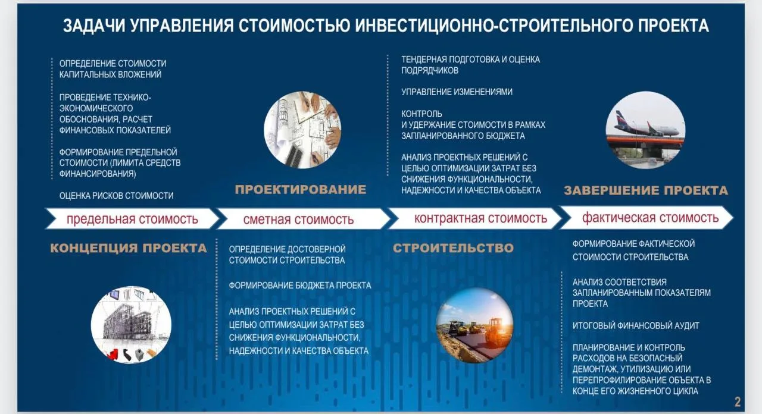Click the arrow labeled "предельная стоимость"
(132, 218)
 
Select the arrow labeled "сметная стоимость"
(304, 219)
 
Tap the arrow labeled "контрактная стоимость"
(475, 218)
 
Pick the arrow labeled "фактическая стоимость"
(647, 218)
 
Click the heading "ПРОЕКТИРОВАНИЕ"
(301, 189)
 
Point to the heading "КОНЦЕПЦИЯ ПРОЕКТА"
(128, 248)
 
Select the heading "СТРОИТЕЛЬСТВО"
(453, 248)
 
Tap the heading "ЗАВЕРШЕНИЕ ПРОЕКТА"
(646, 190)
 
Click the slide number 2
(737, 402)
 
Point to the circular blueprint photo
(302, 130)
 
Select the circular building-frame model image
(131, 325)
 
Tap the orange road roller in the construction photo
(498, 330)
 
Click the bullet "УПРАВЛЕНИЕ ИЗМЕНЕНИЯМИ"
(457, 92)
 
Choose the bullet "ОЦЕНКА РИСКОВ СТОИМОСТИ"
(116, 196)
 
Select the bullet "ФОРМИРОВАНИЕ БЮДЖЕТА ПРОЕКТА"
(299, 285)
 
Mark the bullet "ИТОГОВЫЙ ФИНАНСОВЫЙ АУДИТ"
(635, 325)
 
